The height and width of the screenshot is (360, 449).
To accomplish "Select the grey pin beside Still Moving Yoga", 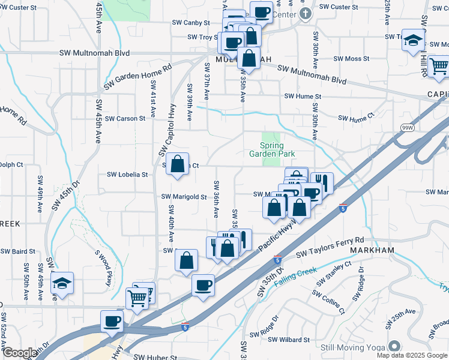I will (x=394, y=346).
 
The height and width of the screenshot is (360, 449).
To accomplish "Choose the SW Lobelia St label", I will (x=127, y=175).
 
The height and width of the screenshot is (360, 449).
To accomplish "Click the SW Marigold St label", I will (x=184, y=196).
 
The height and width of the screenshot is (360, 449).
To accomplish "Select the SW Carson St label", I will (x=125, y=118).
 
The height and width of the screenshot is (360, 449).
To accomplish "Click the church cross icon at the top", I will (x=306, y=13).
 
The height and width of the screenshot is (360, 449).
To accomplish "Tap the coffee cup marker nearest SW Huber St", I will (x=112, y=321).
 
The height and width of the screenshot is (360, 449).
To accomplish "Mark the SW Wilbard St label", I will (x=289, y=340).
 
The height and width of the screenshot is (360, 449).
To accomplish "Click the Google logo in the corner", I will (x=19, y=353).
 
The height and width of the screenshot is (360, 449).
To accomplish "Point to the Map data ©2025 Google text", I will (x=412, y=355).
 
